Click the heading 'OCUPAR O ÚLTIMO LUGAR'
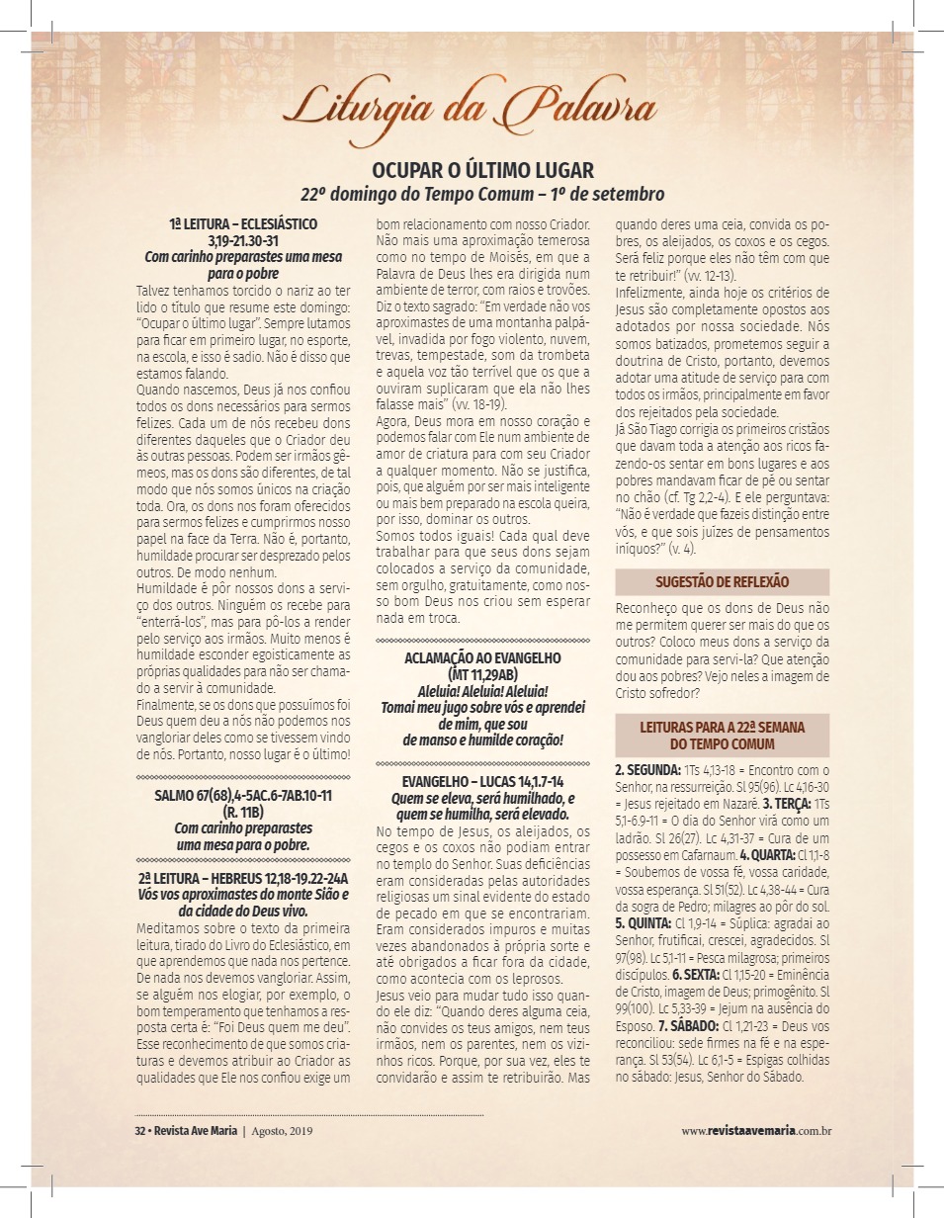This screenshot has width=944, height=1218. click(482, 170)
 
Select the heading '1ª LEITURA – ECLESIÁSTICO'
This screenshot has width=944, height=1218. click(242, 224)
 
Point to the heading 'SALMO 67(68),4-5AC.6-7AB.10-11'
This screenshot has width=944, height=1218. click(242, 795)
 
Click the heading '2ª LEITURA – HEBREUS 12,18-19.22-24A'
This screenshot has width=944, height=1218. click(242, 878)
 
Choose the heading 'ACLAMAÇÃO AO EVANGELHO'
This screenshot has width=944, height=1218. click(483, 658)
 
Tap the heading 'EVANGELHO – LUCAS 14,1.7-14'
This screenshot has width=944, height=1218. click(483, 782)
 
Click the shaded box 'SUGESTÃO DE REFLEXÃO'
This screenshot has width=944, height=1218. click(722, 581)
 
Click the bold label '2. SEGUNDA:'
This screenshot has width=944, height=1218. click(647, 769)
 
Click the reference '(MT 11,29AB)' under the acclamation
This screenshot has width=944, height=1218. click(483, 674)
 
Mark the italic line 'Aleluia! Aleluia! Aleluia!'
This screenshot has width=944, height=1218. click(483, 690)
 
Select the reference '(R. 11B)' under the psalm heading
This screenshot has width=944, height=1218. click(242, 812)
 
